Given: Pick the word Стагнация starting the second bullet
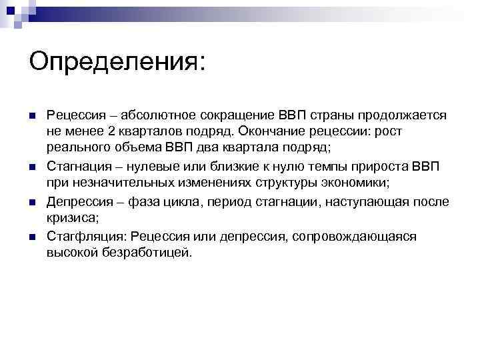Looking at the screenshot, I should click(77, 166).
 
